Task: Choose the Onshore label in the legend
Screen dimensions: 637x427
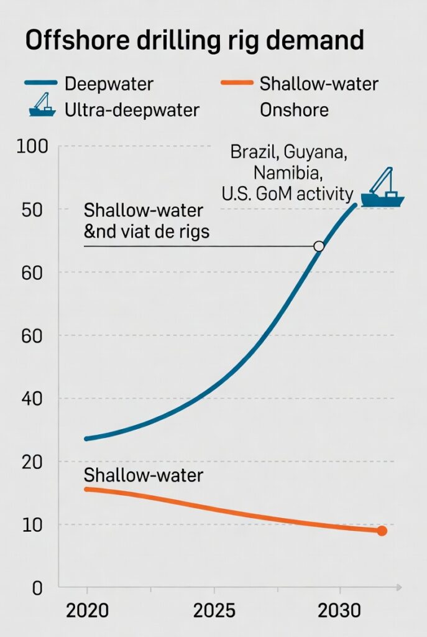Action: coord(294,110)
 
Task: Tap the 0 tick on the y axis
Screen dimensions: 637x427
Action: coord(38,588)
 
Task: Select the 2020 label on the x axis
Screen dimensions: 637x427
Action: coord(87,611)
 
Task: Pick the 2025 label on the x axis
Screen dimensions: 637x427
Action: coord(214,611)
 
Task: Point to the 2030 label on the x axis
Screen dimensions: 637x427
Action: coord(339,611)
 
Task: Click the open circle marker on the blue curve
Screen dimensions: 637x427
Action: coord(319,246)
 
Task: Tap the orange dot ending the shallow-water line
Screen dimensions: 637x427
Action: coord(382,531)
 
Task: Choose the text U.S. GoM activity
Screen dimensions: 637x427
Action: coord(287,193)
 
